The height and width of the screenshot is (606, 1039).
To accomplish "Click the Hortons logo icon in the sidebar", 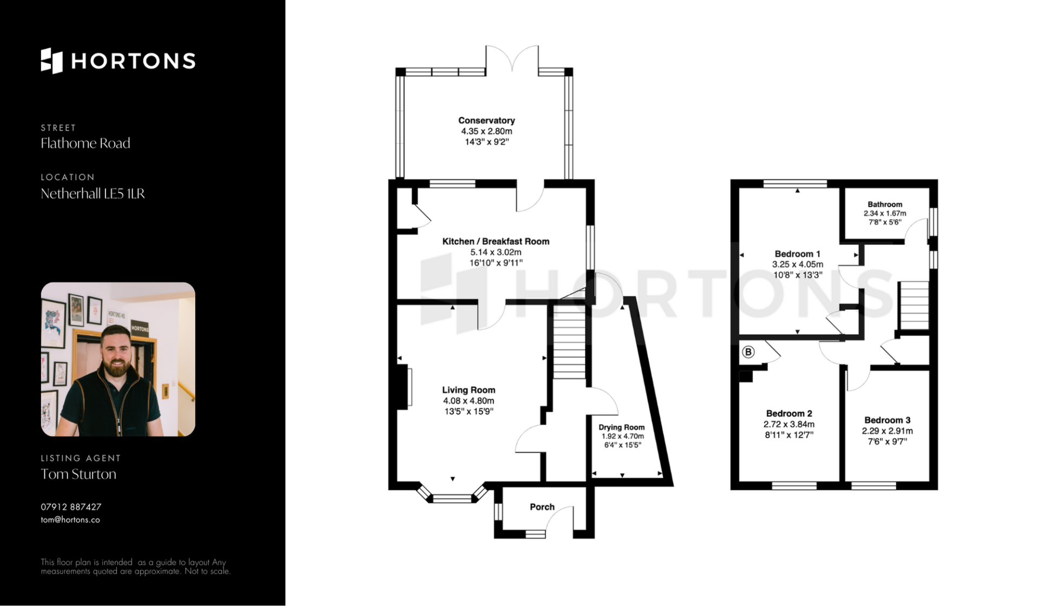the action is click(x=52, y=61).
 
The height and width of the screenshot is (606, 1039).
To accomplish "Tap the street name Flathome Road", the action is click(x=86, y=144).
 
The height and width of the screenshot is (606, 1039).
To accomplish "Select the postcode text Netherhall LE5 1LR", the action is click(x=93, y=194).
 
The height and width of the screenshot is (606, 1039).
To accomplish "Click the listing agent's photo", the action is click(x=118, y=359).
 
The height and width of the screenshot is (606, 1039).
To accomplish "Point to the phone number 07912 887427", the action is click(x=71, y=507).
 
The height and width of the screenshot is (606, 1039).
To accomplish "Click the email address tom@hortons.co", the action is click(x=70, y=520).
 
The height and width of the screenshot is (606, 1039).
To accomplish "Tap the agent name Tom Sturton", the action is click(x=78, y=474).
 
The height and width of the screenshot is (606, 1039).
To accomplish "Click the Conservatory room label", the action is click(x=486, y=120).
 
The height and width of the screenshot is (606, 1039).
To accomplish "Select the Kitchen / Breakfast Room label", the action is click(x=496, y=242).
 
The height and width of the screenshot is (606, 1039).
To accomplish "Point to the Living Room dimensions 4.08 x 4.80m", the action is click(x=469, y=401).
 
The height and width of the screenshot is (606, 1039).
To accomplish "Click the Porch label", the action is click(x=542, y=507).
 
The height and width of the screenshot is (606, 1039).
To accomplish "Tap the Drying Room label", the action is click(x=622, y=427).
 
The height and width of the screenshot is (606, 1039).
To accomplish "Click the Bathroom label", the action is click(x=885, y=204).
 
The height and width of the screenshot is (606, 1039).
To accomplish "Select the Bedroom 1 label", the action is click(x=798, y=254).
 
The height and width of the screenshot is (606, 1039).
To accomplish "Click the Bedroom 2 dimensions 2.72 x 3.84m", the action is click(x=789, y=424).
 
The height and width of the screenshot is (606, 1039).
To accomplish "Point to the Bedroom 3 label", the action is click(x=887, y=420).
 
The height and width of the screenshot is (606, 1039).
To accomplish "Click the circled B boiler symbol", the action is click(x=748, y=353).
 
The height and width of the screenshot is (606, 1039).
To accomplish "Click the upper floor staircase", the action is click(x=915, y=305).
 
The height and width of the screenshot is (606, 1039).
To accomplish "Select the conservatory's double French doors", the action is click(x=512, y=58).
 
